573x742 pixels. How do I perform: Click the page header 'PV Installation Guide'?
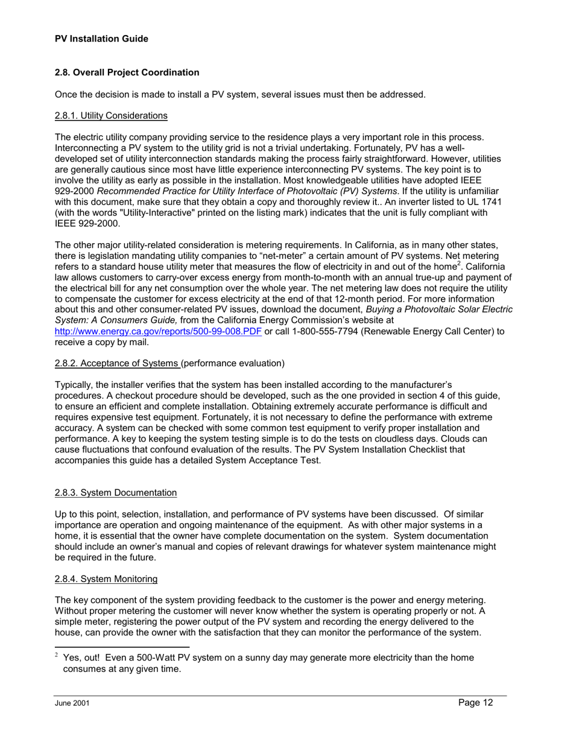click(x=101, y=39)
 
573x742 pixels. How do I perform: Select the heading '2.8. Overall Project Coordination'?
click(x=127, y=72)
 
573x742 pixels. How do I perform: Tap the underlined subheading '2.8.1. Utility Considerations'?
click(x=111, y=115)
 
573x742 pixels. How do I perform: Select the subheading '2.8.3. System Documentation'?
click(x=116, y=493)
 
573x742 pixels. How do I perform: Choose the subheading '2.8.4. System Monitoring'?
click(x=106, y=579)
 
